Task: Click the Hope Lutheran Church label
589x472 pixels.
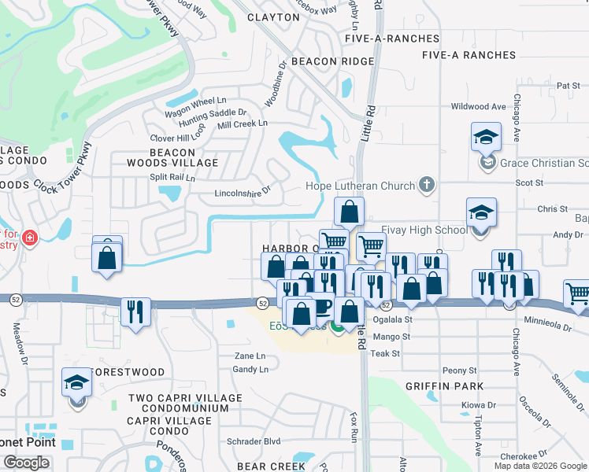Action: pos(360,186)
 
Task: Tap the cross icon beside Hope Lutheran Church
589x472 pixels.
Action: pos(426,186)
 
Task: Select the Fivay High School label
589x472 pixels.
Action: pos(424,230)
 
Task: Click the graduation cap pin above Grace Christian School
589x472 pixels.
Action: pos(486,137)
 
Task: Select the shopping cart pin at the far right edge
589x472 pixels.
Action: pos(578,293)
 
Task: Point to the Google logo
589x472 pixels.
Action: pos(26,463)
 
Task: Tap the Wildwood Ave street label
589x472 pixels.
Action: pos(478,106)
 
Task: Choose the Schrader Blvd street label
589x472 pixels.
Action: pos(254,441)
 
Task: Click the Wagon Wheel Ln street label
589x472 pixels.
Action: pos(195,101)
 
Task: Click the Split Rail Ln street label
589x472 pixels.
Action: pos(172,178)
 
